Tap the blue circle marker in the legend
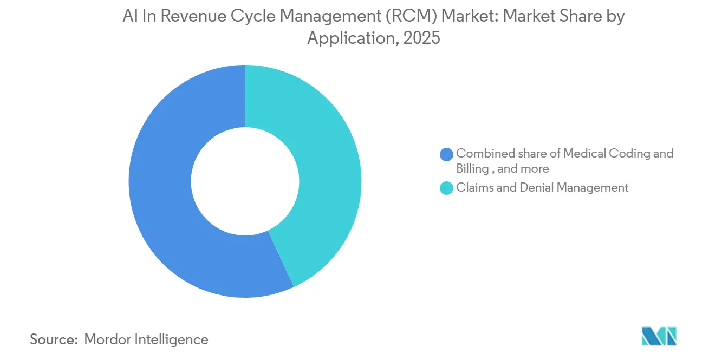pyautogui.click(x=447, y=154)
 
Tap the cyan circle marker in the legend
pyautogui.click(x=447, y=188)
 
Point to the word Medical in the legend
pyautogui.click(x=583, y=154)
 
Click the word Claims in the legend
pyautogui.click(x=473, y=188)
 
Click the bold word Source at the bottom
pyautogui.click(x=53, y=339)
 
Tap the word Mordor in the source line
pyautogui.click(x=108, y=339)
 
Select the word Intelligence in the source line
pyautogui.click(x=172, y=339)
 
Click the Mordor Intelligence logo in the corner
pyautogui.click(x=659, y=336)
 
